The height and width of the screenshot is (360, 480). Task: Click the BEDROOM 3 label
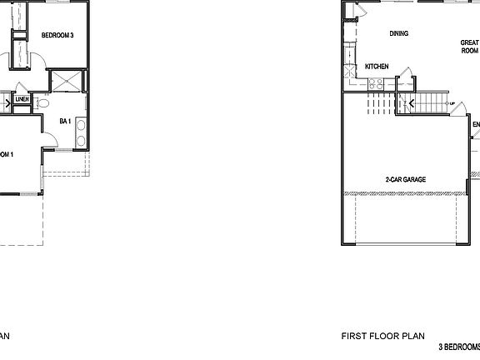click(57, 35)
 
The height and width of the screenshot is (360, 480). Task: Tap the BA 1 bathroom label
click(63, 121)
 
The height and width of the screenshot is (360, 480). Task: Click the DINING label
click(398, 34)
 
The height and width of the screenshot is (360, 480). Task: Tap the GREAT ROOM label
click(469, 47)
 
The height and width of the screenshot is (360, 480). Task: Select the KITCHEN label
click(377, 67)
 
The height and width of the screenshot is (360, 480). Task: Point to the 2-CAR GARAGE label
click(406, 180)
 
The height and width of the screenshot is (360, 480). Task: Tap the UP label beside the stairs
click(451, 104)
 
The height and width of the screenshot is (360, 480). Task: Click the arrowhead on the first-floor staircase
click(409, 104)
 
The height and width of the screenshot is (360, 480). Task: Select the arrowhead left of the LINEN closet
click(7, 102)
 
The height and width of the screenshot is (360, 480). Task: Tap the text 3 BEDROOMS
click(459, 347)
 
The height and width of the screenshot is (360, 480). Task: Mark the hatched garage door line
click(406, 194)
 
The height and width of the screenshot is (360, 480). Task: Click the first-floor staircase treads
click(428, 104)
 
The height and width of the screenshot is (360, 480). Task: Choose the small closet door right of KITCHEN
click(405, 72)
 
